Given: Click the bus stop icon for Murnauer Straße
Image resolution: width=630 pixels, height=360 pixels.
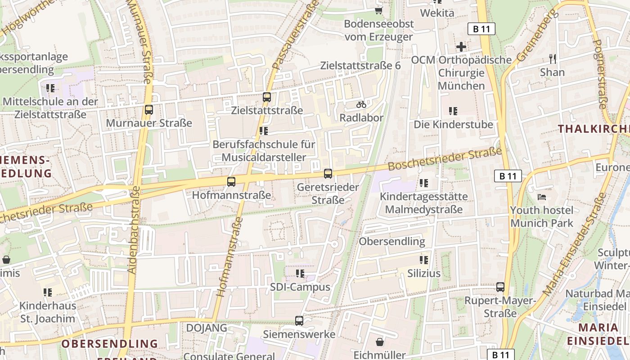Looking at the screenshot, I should click(x=148, y=109).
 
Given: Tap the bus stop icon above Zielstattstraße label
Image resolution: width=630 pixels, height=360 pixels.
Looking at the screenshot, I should click(x=267, y=97).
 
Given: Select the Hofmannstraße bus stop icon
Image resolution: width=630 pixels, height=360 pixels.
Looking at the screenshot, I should click(x=231, y=182).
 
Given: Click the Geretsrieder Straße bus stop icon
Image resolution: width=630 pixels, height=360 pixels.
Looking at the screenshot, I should click(x=328, y=173).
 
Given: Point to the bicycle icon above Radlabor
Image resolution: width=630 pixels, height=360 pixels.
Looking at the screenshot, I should click(x=361, y=104).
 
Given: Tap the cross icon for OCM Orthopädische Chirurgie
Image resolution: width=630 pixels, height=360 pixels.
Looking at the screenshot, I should click(x=461, y=46).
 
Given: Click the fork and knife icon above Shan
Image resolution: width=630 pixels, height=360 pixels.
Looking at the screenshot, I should click(x=553, y=58).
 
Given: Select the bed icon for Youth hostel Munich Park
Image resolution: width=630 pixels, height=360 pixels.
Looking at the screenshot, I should click(x=542, y=197).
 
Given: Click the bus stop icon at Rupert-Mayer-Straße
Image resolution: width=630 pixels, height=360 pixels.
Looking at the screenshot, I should click(x=500, y=287).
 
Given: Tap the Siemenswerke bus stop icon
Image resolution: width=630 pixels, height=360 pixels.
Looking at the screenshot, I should click(x=299, y=320).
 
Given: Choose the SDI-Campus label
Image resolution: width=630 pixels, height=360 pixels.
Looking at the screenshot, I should click(x=300, y=287).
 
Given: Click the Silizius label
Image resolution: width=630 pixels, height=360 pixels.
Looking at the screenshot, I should click(x=424, y=273).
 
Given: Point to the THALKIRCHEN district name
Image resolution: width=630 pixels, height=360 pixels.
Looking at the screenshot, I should click(x=593, y=129).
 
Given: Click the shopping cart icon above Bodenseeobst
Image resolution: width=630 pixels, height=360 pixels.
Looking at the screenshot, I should click(x=379, y=10).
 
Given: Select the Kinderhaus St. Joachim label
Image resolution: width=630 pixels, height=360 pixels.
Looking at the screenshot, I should click(x=48, y=312).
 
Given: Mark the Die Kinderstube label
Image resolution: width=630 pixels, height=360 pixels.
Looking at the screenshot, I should click(x=453, y=124).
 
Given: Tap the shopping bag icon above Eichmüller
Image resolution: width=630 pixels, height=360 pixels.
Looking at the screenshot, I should click(x=380, y=342).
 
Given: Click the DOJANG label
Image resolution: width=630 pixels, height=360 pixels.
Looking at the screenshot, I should click(x=207, y=328).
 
